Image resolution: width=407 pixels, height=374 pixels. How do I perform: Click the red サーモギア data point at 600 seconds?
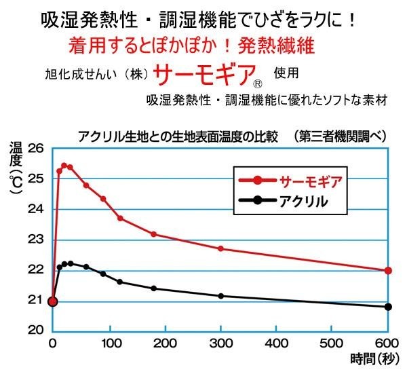point(388,270)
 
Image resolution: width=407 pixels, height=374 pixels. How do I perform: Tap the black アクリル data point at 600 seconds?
point(388,307)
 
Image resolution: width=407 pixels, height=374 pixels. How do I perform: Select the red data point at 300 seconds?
point(220,248)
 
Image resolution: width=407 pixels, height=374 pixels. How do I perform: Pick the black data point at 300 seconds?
point(220,296)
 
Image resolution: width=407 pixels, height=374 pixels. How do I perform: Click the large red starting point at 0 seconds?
point(53,301)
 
